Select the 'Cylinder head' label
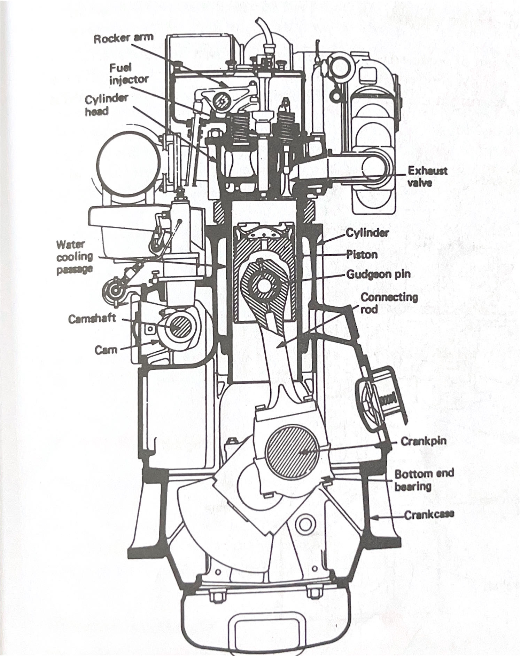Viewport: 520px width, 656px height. tap(107, 105)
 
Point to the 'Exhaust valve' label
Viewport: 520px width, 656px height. tap(427, 177)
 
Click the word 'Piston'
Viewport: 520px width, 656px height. tap(362, 255)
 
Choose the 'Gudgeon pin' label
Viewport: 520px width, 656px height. tap(378, 274)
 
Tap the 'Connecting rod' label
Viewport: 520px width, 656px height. tap(388, 303)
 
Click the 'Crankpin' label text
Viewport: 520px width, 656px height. tap(423, 441)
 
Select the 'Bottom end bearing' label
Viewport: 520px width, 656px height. tap(424, 480)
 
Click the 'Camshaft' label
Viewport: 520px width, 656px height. tap(92, 319)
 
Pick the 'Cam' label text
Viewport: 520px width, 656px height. tap(106, 350)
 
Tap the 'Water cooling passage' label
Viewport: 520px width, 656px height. tap(75, 257)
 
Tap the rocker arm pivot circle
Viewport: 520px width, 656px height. tap(221, 102)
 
